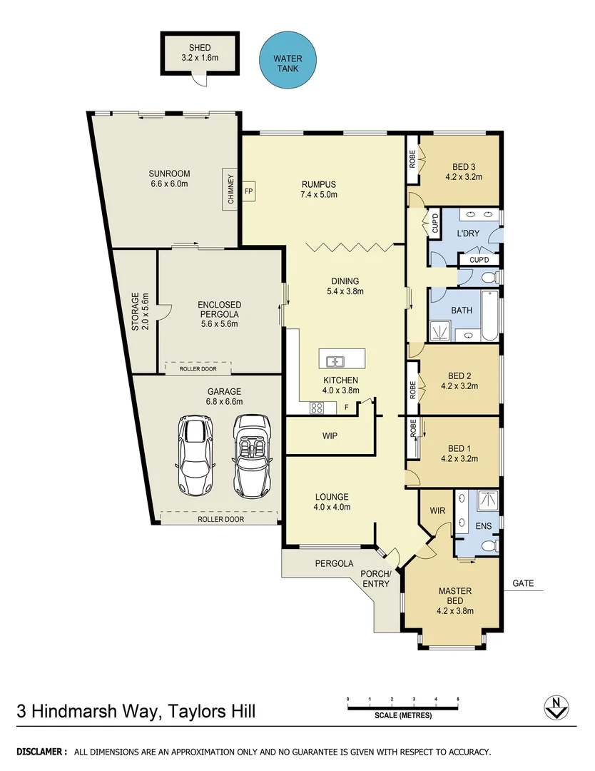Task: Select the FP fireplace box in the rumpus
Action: pos(249,192)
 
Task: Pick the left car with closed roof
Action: pos(195,458)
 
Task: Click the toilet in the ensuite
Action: pos(490,546)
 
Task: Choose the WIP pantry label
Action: pos(330,435)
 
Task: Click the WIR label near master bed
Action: pos(437,511)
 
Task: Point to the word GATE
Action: pos(523,583)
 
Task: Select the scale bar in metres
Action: pos(402,707)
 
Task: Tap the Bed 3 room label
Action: pos(459,172)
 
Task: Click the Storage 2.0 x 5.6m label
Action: pos(140,311)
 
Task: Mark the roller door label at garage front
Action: pos(220,519)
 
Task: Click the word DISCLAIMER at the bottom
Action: pos(42,752)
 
